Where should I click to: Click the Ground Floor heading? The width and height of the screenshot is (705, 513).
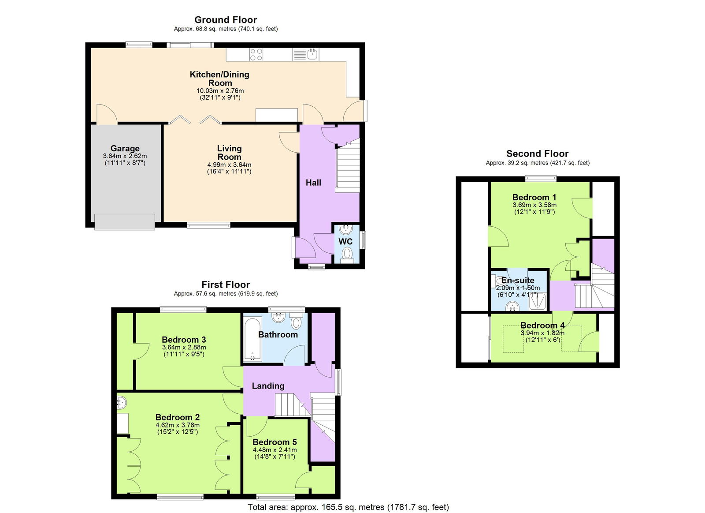[225, 20]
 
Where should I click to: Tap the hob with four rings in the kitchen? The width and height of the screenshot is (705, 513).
[256, 55]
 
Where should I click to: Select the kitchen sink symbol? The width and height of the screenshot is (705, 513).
[312, 54]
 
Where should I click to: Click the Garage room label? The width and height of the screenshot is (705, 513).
[125, 149]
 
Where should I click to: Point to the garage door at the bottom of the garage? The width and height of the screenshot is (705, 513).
[125, 222]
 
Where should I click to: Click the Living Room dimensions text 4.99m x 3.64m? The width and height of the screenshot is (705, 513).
[229, 165]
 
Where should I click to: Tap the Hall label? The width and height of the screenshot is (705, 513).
[313, 183]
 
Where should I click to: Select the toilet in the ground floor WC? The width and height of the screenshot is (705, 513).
[347, 254]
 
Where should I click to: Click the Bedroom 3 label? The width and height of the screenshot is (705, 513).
[184, 340]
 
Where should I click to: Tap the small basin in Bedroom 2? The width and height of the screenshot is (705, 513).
[122, 402]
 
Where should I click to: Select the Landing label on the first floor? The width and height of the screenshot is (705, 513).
[268, 386]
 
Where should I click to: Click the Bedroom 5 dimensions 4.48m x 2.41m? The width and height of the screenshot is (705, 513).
[275, 450]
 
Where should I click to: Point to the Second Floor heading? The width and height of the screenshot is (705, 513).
[537, 154]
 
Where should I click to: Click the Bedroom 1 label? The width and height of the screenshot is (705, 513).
[534, 197]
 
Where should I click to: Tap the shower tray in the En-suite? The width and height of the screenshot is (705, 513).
[538, 302]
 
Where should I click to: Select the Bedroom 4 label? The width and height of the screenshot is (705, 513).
[542, 326]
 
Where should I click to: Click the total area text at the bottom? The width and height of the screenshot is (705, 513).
[348, 507]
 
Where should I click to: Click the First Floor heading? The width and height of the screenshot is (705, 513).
[225, 285]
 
